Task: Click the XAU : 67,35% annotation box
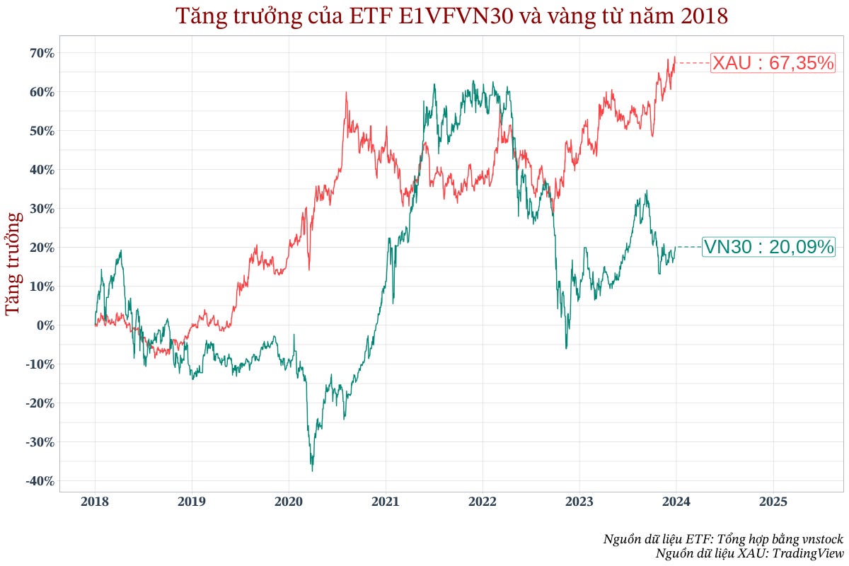pyautogui.click(x=773, y=63)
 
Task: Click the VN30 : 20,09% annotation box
pyautogui.click(x=768, y=247)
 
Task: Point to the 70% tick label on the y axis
pyautogui.click(x=42, y=53)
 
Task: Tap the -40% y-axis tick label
pyautogui.click(x=40, y=481)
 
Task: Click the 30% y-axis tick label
pyautogui.click(x=42, y=209)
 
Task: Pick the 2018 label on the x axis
pyautogui.click(x=96, y=502)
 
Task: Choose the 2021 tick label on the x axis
pyautogui.click(x=386, y=502)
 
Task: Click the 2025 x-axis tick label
pyautogui.click(x=773, y=502)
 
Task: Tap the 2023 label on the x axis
pyautogui.click(x=579, y=502)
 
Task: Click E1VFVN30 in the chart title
pyautogui.click(x=448, y=16)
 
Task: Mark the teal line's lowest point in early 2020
pyautogui.click(x=312, y=470)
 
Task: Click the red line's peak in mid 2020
pyautogui.click(x=346, y=93)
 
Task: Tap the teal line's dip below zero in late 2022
pyautogui.click(x=566, y=348)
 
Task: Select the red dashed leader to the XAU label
pyautogui.click(x=693, y=63)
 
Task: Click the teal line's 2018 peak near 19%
pyautogui.click(x=121, y=250)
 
